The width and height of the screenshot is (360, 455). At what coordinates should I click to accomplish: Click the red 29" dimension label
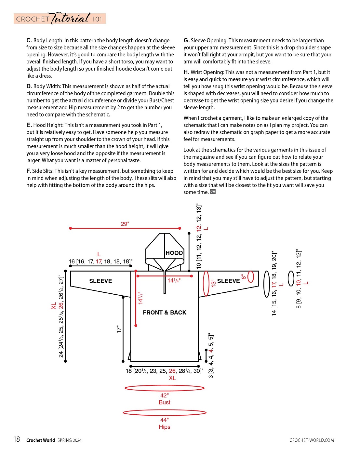click(x=125, y=224)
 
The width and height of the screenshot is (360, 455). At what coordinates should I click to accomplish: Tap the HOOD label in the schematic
click(x=174, y=253)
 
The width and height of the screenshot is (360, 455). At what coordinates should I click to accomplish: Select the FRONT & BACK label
click(x=165, y=313)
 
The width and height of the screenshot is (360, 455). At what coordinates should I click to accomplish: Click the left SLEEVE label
click(x=100, y=281)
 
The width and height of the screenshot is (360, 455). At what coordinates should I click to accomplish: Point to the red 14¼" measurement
click(x=174, y=281)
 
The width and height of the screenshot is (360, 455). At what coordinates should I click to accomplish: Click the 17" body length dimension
click(x=119, y=329)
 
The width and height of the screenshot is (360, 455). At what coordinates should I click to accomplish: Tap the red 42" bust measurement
click(x=165, y=395)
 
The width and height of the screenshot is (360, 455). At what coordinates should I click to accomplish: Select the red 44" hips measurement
click(x=165, y=420)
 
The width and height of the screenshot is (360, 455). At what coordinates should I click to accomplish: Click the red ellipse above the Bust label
click(x=165, y=388)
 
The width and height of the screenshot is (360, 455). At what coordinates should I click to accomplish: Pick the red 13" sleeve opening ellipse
click(x=206, y=284)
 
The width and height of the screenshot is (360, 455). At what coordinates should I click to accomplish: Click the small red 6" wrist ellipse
click(x=251, y=277)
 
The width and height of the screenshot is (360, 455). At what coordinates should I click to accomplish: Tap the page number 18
click(x=17, y=440)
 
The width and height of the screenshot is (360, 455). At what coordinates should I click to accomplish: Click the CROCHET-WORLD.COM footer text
click(x=312, y=440)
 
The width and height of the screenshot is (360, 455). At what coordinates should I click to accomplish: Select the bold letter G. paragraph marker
click(x=186, y=40)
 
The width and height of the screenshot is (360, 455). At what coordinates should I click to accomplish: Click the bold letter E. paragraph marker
click(x=29, y=125)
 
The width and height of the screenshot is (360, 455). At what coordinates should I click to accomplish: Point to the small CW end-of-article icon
click(x=213, y=192)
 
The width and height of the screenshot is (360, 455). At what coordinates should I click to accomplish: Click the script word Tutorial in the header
click(x=71, y=18)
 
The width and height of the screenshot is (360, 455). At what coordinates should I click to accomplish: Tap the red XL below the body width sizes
click(x=172, y=378)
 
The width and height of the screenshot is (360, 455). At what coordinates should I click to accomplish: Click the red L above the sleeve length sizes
click(x=99, y=254)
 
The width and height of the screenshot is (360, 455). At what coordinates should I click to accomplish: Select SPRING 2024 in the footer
click(x=70, y=440)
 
